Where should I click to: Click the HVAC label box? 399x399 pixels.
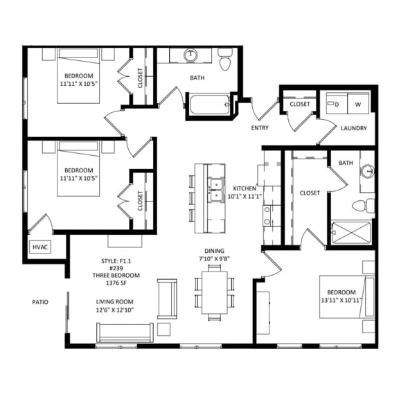(39, 247)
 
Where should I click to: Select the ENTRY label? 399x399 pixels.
(260, 127)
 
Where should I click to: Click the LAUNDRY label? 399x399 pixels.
(353, 128)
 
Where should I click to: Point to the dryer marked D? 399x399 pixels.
(337, 104)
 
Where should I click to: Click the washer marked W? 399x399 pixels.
(358, 104)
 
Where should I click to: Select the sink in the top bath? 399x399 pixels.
(190, 55)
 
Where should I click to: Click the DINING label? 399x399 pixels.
(213, 251)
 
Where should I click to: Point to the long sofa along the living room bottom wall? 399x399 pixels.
(125, 332)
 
